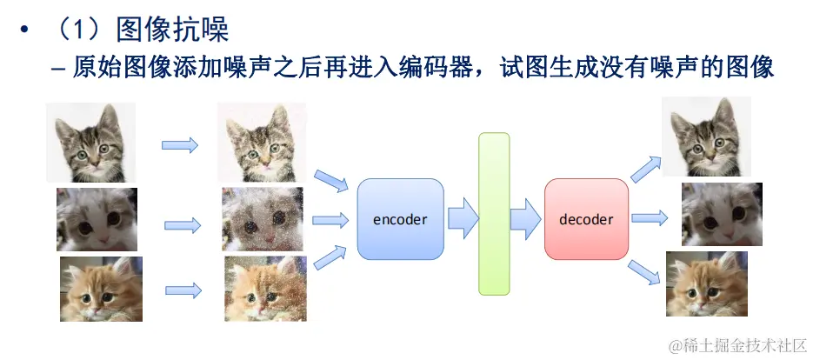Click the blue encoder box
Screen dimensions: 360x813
coord(400,219)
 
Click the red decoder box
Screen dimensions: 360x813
coord(586,219)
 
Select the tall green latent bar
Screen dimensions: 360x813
coord(493,214)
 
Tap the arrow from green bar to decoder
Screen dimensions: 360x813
coord(524,218)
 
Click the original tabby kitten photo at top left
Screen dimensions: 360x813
coord(90,143)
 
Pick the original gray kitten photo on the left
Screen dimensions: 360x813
coord(97,219)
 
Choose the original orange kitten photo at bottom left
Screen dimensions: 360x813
coord(101,289)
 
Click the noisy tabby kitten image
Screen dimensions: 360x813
coord(261,142)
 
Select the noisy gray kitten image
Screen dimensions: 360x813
coord(262,219)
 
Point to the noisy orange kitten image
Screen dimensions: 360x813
coord(264,289)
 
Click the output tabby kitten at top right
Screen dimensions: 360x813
coord(705,137)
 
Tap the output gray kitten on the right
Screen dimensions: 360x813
coord(721,215)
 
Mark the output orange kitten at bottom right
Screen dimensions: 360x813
coord(706,283)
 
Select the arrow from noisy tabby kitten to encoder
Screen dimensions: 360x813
coord(330,182)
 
